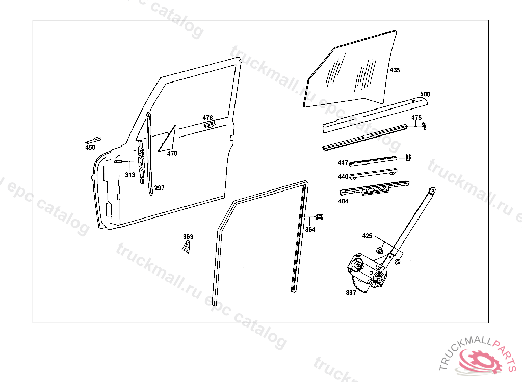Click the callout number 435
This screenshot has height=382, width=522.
(395, 70)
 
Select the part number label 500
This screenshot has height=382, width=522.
(425, 94)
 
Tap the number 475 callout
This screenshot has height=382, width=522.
(416, 118)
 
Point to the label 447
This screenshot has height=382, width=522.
(343, 162)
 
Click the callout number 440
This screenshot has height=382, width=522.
(343, 176)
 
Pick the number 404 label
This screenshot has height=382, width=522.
(343, 201)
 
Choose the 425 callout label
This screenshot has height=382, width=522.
(367, 236)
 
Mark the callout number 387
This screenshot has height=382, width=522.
(351, 293)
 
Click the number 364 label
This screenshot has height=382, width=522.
(310, 230)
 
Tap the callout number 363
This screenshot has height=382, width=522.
(188, 237)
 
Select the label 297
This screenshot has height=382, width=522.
(160, 188)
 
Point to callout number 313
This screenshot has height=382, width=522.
(130, 175)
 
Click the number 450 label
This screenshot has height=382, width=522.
(90, 147)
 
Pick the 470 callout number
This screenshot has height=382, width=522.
(172, 153)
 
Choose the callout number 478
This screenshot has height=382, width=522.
(208, 118)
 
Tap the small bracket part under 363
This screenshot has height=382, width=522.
(187, 247)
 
